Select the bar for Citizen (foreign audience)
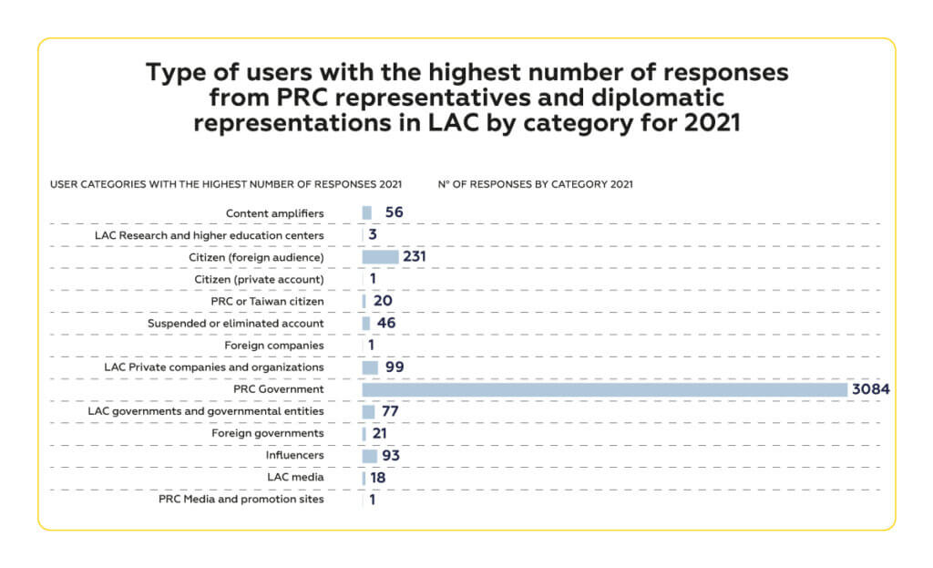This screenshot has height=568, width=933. pos(380,257)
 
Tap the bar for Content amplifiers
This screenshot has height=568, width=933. pos(366,212)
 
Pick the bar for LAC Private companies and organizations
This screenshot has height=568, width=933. pos(370,367)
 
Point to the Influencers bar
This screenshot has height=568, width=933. pos(369,456)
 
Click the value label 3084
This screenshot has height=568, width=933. pos(870,389)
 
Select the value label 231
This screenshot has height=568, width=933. pos(415,257)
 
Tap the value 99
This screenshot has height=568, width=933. pos(394,367)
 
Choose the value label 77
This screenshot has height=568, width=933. pos(390,412)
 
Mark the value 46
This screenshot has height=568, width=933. pos(385,324)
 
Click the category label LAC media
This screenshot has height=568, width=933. pos(294,478)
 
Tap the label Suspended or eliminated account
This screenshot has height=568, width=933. pos(235,324)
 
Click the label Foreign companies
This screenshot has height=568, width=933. pos(273,346)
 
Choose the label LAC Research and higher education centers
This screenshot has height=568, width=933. pos(210,235)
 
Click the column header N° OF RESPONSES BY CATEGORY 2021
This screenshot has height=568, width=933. pos(535,184)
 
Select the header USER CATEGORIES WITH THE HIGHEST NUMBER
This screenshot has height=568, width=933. pos(225,184)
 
